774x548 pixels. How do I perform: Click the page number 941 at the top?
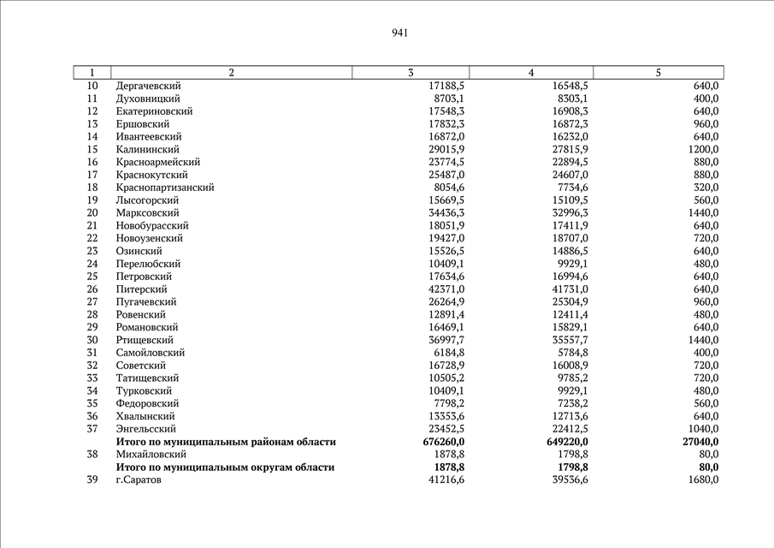coord(399,33)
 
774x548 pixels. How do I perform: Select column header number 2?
coord(231,73)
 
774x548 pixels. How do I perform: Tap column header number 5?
coord(658,73)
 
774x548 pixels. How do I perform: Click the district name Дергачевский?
coord(149,86)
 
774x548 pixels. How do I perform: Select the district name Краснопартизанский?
coord(165,188)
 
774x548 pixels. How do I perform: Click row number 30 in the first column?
coord(92,340)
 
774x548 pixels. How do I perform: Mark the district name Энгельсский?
coord(146,429)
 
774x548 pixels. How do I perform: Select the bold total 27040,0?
coord(699,442)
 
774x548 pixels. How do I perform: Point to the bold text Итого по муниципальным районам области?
coord(226,442)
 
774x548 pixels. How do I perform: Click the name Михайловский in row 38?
coord(151,455)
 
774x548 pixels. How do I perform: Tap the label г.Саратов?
coord(139,480)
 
